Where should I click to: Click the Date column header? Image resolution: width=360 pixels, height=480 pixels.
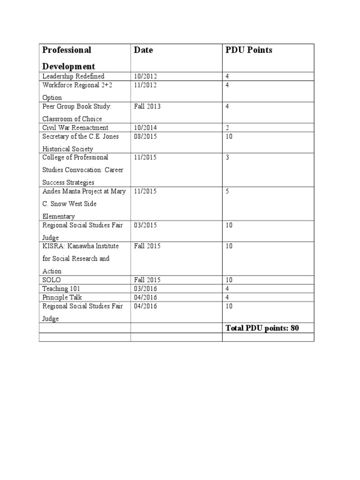coord(143,50)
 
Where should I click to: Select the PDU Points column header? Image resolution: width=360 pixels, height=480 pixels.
coord(249,50)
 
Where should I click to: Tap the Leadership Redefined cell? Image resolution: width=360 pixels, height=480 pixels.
coord(74,76)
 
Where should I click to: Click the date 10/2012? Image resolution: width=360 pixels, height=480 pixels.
coord(145,76)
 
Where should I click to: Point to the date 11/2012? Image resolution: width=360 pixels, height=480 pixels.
coord(145,85)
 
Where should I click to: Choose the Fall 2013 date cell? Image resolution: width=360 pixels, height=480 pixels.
coord(147,106)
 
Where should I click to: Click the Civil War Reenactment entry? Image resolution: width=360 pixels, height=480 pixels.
coord(75,127)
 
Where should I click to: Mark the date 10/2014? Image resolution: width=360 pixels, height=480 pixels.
coord(145,127)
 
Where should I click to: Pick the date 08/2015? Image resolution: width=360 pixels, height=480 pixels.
coord(145,136)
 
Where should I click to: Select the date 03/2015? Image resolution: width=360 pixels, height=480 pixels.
coord(145,225)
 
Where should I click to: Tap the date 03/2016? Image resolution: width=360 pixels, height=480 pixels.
coord(145,289)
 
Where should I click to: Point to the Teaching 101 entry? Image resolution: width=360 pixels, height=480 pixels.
coord(61,289)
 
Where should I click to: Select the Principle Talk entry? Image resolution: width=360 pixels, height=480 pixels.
coord(62,298)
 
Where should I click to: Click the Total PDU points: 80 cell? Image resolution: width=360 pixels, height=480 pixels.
coord(262,328)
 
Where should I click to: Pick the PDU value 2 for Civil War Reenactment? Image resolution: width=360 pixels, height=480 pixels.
coord(228,127)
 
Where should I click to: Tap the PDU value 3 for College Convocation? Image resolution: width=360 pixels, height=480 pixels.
coord(228,157)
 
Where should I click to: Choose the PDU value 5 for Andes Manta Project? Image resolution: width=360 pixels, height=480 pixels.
coord(228,191)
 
